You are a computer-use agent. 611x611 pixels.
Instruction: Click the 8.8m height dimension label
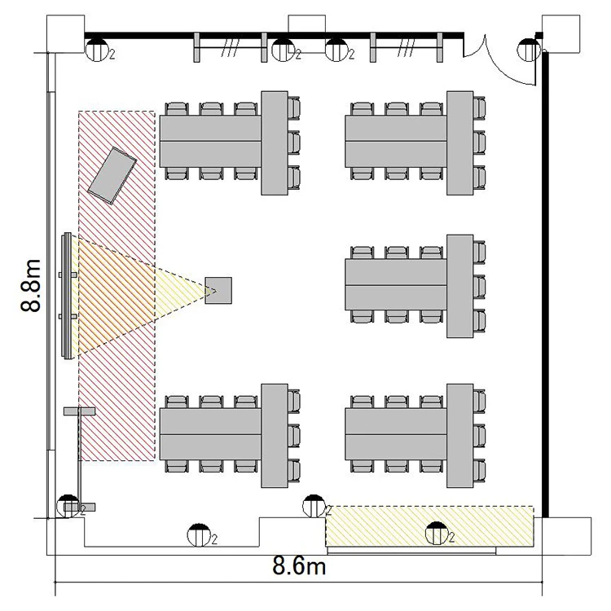coord(31,285)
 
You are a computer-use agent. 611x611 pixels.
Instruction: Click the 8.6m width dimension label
coord(299,565)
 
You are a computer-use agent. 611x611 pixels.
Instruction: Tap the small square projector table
coord(218,290)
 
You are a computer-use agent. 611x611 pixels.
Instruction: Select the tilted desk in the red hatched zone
coord(112,175)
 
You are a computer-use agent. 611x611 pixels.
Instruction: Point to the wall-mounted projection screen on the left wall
coord(68,296)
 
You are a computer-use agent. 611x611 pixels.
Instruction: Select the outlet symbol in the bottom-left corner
coord(68,506)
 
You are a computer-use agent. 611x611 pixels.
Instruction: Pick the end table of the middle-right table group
coord(459,286)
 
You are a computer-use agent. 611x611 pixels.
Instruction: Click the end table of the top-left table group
coord(275,143)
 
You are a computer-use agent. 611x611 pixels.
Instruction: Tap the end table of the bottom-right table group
coord(459,436)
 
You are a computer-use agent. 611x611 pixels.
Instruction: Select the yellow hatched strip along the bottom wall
coord(429,526)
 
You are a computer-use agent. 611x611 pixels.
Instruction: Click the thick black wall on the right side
coord(545,284)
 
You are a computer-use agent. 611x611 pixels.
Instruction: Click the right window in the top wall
coord(407,47)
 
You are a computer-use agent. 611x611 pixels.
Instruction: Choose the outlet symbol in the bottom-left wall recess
coord(199,536)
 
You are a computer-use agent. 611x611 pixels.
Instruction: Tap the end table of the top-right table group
coord(459,143)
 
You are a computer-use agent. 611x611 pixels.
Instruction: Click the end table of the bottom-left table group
coord(275,436)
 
